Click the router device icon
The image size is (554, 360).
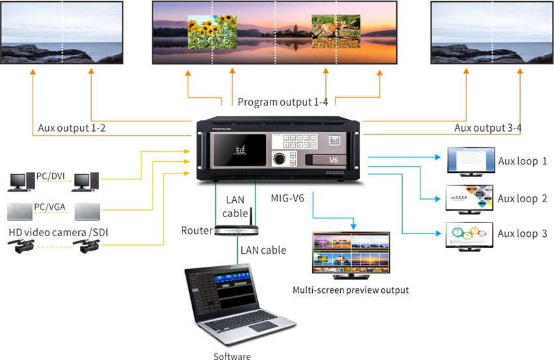pos(237,231)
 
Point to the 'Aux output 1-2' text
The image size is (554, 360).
pos(72,128)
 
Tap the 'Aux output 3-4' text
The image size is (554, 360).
pos(488,128)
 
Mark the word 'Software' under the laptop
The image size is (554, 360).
pos(232,356)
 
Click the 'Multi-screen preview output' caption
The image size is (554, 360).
pos(351,290)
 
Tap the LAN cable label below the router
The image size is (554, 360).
pos(263,250)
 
